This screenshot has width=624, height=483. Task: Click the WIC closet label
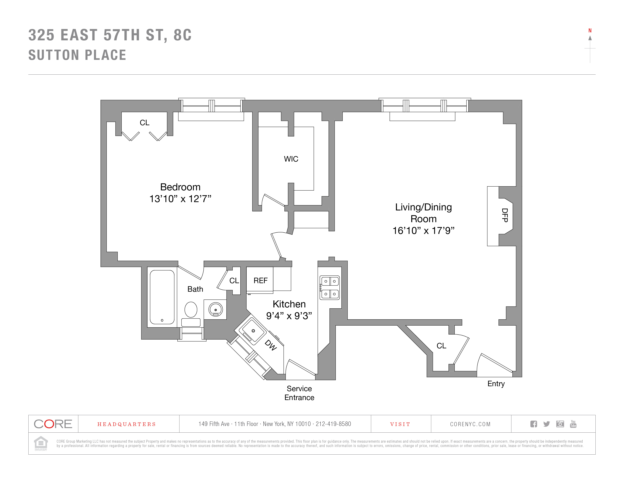[291, 159]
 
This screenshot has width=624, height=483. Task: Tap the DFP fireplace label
[505, 215]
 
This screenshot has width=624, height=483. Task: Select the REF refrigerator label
[260, 281]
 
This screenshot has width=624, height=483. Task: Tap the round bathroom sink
[215, 309]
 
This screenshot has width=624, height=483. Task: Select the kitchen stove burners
[330, 288]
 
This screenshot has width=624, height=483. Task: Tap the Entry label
[496, 384]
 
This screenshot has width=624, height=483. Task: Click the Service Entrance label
[299, 393]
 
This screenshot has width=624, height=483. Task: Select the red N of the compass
[590, 31]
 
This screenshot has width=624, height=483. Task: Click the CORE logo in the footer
[53, 424]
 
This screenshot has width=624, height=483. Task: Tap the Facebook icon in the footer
[533, 424]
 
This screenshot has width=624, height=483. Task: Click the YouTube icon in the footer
[573, 424]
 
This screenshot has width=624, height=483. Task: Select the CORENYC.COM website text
[470, 424]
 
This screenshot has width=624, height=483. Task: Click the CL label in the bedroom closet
[145, 123]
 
